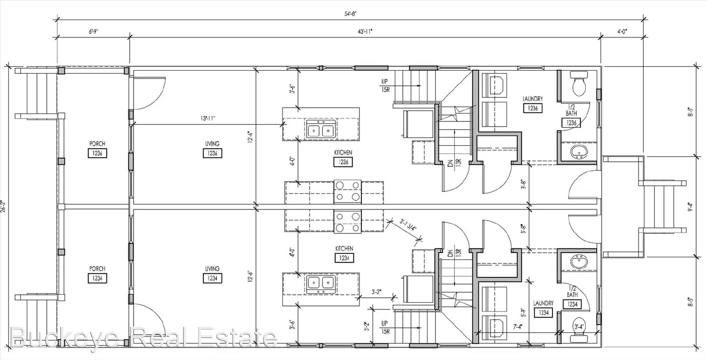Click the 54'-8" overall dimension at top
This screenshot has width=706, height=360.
pos(350,14)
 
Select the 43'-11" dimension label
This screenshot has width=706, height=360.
pos(365,32)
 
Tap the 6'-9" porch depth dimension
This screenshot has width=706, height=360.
pos(93,32)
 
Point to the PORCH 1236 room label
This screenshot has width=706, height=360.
pos(97,149)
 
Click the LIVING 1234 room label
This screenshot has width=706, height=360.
pos(212,274)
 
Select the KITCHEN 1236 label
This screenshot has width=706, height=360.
pos(343,157)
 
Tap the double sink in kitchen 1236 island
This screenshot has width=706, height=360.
pos(320,131)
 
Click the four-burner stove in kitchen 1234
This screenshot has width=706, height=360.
pos(347,222)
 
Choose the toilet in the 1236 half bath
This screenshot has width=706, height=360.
pos(578,84)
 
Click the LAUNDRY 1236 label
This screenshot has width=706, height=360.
pos(533,104)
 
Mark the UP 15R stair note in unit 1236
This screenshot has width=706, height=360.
pos(385,86)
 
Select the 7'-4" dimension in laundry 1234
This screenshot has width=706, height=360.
pos(518,327)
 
